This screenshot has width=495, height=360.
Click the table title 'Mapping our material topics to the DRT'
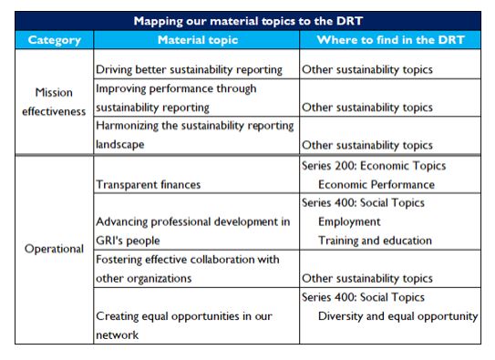tap(248, 20)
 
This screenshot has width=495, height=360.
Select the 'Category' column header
tap(54, 40)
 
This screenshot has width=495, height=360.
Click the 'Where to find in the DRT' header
tap(390, 40)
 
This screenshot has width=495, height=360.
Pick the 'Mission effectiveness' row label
tap(55, 107)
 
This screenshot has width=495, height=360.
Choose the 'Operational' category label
tap(55, 249)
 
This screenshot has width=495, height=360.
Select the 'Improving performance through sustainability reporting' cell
tap(176, 98)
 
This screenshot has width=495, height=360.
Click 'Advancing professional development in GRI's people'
tap(192, 230)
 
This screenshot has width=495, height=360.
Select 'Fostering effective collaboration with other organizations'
tap(186, 268)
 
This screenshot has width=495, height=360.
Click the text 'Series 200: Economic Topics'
tap(374, 167)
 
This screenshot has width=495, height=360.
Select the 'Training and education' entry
tap(376, 241)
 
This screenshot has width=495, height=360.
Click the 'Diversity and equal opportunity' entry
tap(397, 316)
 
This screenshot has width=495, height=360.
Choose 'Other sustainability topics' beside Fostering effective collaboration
tap(367, 278)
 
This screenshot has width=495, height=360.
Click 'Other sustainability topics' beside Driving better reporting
tap(367, 70)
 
